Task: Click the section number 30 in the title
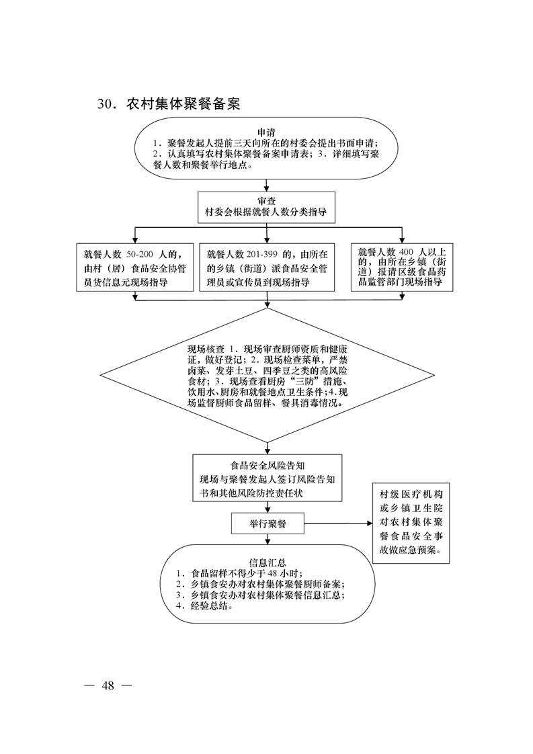[x=106, y=104]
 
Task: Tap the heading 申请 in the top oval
[x=266, y=132]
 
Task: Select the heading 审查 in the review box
[x=266, y=201]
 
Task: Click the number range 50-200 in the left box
[x=140, y=255]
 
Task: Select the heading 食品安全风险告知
[x=268, y=466]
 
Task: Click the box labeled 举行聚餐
[x=268, y=523]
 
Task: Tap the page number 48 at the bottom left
[x=108, y=685]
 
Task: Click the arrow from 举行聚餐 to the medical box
[x=338, y=523]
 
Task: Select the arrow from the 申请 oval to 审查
[x=266, y=185]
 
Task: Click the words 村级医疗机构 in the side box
[x=411, y=495]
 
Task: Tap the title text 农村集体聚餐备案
[x=183, y=104]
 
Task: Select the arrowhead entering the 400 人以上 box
[x=402, y=240]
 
